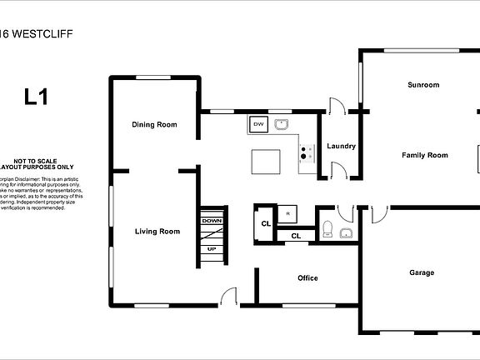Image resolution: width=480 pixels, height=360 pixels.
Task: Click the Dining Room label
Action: (x=155, y=125)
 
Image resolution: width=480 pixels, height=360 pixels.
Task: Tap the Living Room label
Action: (x=157, y=231)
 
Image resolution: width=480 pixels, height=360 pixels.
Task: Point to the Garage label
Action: (x=422, y=272)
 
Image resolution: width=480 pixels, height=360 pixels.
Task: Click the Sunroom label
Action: (x=423, y=85)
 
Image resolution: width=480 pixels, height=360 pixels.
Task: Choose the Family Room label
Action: (x=425, y=155)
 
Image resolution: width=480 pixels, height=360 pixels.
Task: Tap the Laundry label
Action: (x=342, y=147)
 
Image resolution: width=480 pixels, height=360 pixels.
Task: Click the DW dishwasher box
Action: (x=258, y=125)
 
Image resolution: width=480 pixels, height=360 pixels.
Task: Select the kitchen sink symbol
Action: (x=282, y=125)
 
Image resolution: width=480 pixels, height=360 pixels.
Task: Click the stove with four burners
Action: (x=306, y=152)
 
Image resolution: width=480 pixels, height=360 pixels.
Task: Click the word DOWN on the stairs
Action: (x=212, y=221)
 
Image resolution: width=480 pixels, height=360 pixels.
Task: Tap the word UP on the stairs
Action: (x=212, y=249)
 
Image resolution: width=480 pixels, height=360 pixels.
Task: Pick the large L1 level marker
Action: (x=35, y=97)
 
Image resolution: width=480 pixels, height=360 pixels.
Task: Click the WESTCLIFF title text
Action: (x=39, y=36)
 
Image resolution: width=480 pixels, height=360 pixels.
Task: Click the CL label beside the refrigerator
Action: (x=266, y=223)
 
